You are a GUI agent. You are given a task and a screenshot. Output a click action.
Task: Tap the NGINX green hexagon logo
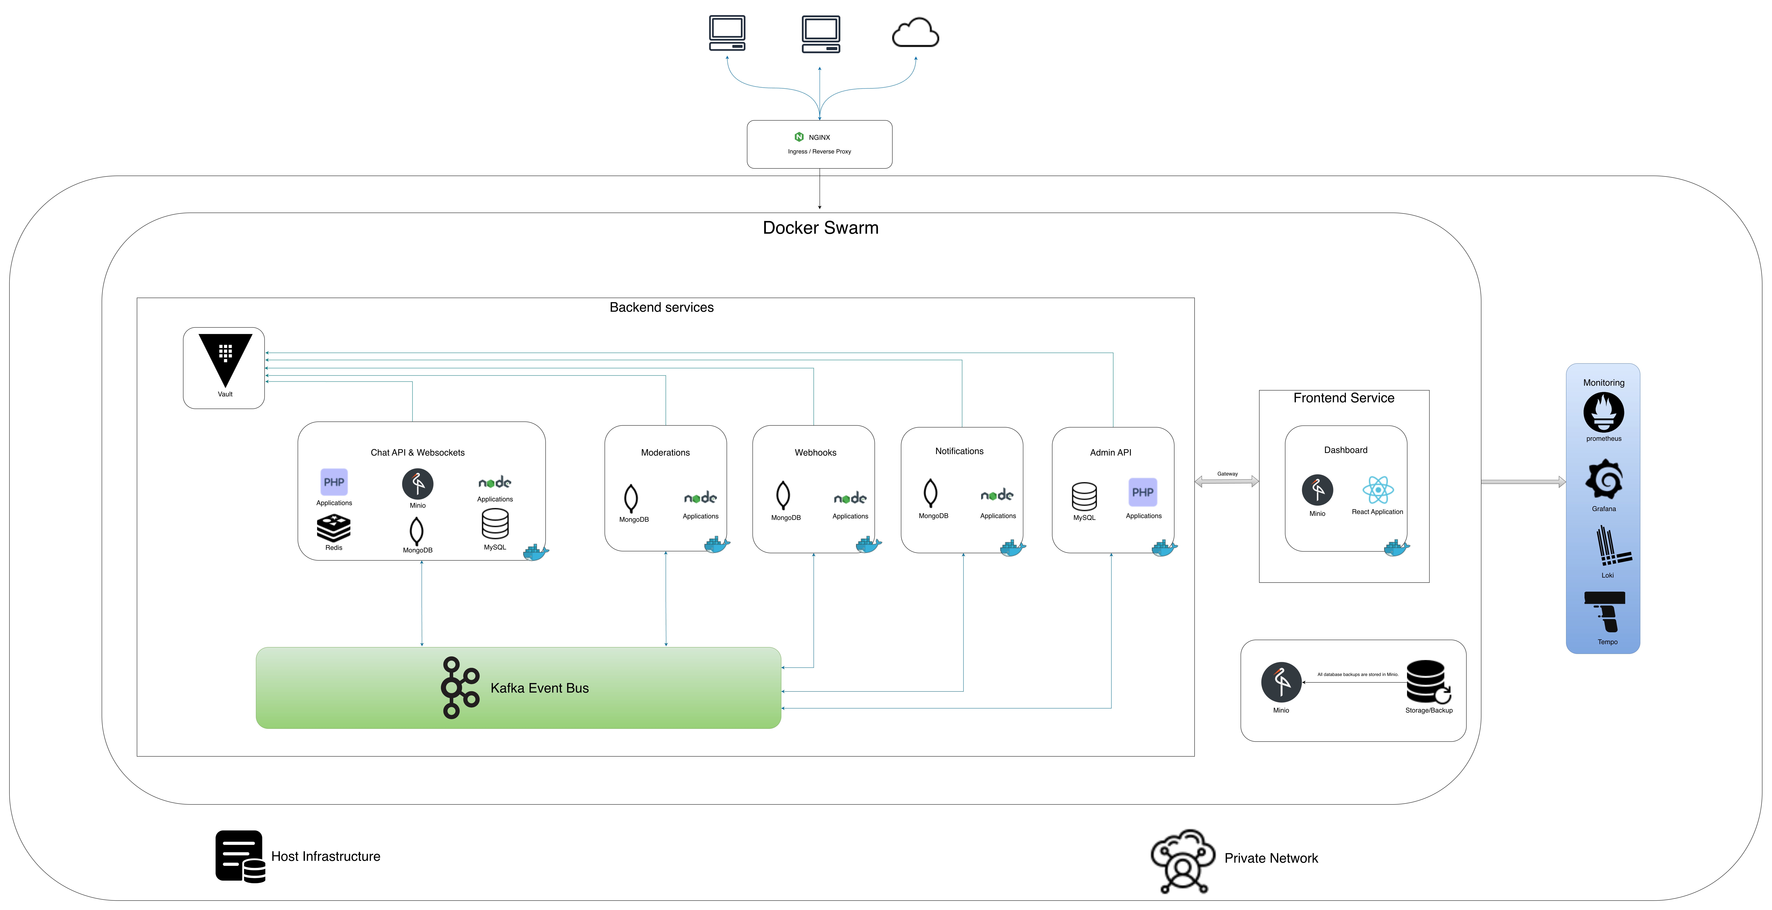pos(799,137)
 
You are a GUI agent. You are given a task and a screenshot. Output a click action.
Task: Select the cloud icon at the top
pos(915,33)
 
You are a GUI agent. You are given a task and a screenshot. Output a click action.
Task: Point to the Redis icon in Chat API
pos(334,528)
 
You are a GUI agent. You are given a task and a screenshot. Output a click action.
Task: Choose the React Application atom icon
pos(1378,490)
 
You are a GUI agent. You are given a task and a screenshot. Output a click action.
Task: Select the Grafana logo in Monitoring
pos(1603,480)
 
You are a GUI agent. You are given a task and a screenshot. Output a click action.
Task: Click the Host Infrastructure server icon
pos(239,856)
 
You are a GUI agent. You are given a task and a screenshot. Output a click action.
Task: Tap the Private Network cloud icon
pos(1183,860)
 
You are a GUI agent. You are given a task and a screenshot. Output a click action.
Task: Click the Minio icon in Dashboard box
pos(1317,490)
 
